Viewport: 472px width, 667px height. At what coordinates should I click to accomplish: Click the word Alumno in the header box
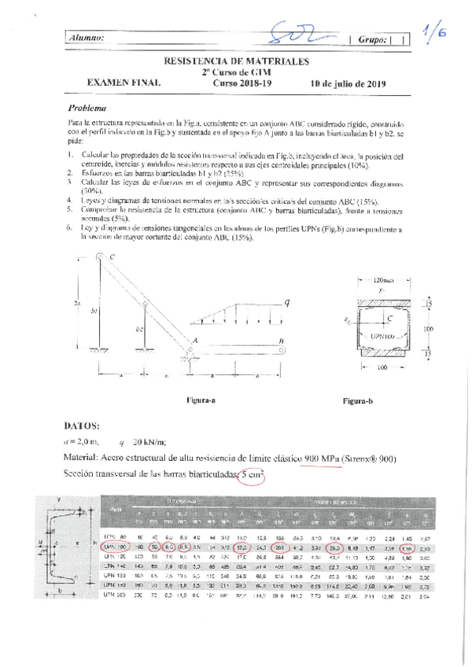click(87, 38)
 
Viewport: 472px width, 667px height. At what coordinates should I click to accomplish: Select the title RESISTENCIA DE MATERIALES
click(235, 61)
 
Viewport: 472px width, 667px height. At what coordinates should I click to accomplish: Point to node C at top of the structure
click(112, 257)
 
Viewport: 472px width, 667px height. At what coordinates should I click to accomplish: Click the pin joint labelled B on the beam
click(279, 340)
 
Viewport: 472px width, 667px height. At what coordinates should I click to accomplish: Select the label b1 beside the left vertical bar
click(94, 311)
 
